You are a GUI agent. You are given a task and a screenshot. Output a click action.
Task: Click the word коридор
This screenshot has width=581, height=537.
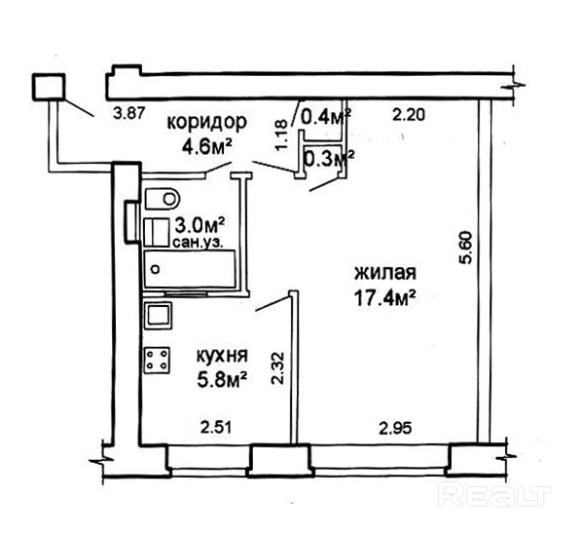206,123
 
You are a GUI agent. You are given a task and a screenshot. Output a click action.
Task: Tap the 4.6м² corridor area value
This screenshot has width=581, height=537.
206,146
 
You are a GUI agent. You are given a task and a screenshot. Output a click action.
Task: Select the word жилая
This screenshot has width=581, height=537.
385,273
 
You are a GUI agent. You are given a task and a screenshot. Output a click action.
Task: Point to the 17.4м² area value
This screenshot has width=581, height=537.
385,297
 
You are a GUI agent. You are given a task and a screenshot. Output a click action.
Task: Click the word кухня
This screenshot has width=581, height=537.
222,357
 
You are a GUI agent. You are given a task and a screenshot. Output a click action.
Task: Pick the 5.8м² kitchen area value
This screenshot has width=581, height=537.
222,380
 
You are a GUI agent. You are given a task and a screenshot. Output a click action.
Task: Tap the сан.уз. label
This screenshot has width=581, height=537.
198,243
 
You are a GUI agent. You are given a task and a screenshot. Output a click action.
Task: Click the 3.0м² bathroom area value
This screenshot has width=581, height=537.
200,225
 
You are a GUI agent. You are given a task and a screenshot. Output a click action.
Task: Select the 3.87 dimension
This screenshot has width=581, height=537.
128,113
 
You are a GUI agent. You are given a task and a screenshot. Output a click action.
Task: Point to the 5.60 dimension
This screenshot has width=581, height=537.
465,248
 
